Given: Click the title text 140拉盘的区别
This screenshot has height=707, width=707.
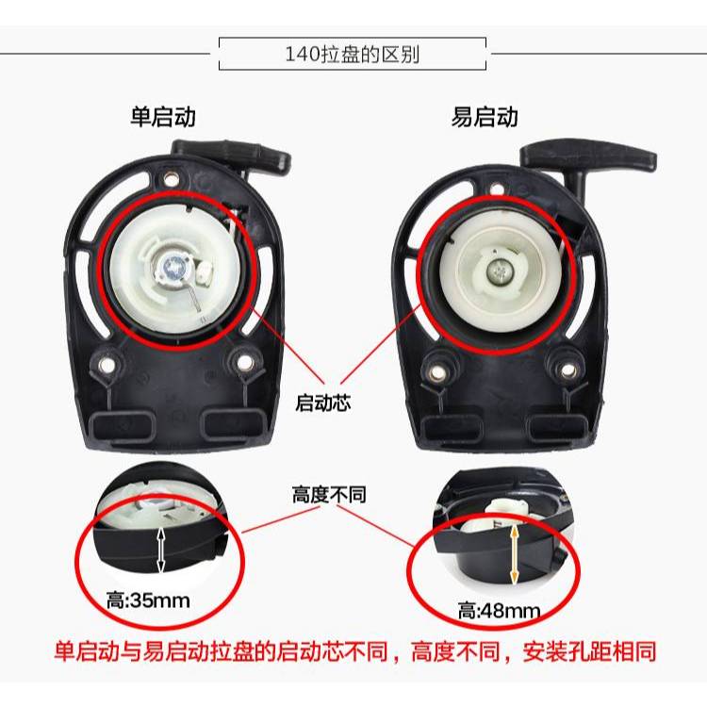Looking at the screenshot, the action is [x=353, y=55].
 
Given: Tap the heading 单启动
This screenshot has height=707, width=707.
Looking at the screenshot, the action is [x=163, y=117].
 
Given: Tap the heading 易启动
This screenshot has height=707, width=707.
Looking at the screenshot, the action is [x=485, y=117].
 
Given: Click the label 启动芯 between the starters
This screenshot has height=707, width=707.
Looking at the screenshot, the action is [x=322, y=403].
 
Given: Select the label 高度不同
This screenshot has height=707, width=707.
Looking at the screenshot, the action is [x=329, y=495].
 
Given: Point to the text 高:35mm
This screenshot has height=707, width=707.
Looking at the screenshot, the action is [x=148, y=600].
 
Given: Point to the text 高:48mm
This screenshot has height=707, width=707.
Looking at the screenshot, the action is [x=499, y=612].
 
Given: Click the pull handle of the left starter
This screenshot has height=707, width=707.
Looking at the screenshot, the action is [x=231, y=155].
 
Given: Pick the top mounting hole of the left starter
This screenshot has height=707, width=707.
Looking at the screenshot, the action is [x=171, y=179].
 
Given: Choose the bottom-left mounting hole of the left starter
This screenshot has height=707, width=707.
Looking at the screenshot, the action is [x=107, y=364].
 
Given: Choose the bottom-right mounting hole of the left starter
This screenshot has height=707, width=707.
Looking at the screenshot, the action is [x=245, y=362].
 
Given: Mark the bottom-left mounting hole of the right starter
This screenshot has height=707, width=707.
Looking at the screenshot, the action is [x=436, y=372].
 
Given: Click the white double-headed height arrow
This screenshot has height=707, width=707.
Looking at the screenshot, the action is [x=161, y=551].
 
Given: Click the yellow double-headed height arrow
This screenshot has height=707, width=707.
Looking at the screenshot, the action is [x=514, y=554].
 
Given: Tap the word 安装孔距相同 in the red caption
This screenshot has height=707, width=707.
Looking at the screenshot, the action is [x=589, y=652].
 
